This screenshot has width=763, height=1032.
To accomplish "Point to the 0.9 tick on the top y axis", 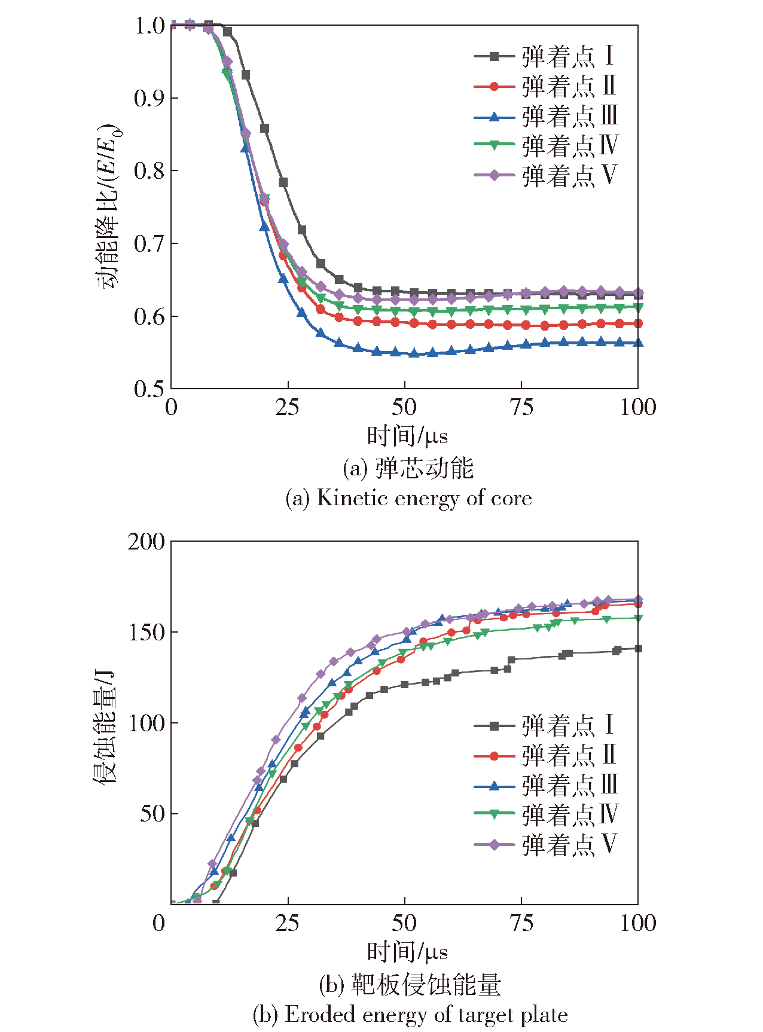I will tap(149, 98).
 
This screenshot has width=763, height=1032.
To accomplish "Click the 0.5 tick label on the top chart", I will tap(149, 389).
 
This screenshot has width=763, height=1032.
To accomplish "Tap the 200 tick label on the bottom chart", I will tap(147, 542).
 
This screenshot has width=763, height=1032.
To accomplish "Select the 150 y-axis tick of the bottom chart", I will tap(147, 633).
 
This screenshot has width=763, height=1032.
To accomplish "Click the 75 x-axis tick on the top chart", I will tap(521, 408).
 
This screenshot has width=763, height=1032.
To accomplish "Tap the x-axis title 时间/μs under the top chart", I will tap(407, 436).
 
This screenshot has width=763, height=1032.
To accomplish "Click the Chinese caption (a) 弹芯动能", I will tap(408, 468).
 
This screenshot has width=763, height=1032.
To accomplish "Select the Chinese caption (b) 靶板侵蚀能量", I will tap(410, 984).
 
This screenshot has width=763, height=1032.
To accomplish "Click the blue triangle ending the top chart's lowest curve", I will tap(637, 343).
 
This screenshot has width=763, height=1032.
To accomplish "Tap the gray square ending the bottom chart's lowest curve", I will tap(638, 649).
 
